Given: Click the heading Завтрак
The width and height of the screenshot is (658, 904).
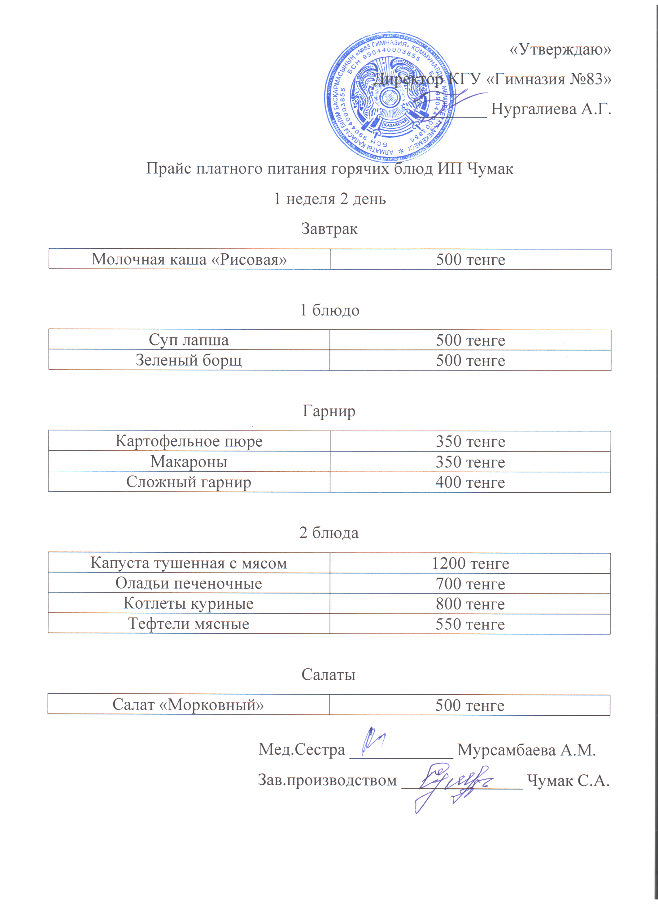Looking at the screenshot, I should click(x=329, y=229).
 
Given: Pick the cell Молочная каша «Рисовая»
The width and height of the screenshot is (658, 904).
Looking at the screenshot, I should click(x=189, y=259).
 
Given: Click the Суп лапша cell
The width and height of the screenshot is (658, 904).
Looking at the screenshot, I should click(x=189, y=340).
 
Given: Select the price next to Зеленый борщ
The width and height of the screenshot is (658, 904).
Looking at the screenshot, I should click(x=470, y=360).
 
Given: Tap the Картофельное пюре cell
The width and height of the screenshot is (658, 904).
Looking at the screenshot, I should click(x=189, y=441).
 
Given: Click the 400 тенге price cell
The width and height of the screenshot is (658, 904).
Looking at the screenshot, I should click(x=470, y=482).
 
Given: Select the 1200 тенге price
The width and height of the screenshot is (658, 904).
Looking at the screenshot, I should click(x=470, y=563).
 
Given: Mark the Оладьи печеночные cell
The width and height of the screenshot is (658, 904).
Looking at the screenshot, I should click(x=189, y=584).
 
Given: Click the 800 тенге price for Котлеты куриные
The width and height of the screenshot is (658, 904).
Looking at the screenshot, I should click(x=470, y=604).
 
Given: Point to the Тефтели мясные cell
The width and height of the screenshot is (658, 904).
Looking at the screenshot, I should click(x=189, y=624).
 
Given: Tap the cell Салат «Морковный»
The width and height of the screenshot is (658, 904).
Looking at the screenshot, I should click(x=188, y=705).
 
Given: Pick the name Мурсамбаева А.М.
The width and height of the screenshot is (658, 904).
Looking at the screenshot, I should click(x=526, y=750).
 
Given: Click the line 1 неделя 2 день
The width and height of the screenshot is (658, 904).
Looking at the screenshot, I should click(x=329, y=199).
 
